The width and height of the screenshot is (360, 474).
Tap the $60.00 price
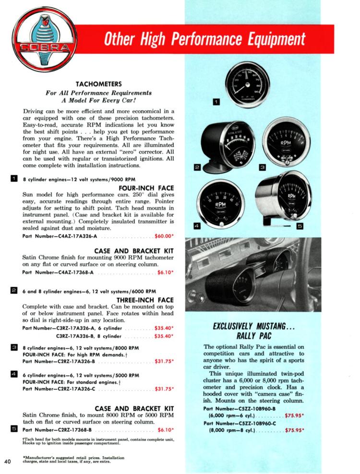164,236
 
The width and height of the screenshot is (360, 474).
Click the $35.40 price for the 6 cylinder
164,328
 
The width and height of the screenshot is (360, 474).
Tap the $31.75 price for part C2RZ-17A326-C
164,389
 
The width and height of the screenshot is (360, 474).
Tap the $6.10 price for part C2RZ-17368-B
165,429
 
